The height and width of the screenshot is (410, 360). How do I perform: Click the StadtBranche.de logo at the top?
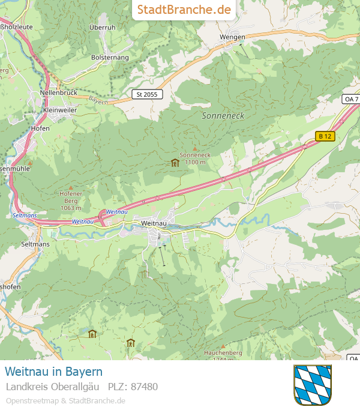point(184,10)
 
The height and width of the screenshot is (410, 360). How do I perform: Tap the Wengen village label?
point(232,37)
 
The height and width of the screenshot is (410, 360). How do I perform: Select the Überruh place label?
point(102,28)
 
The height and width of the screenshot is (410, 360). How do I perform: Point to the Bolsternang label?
point(110,57)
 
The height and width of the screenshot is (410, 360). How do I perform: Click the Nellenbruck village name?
point(58,93)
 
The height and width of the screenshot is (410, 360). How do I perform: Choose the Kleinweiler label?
point(60,110)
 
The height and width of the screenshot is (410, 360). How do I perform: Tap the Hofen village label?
point(40,128)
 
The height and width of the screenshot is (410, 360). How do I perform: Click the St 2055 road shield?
point(147,94)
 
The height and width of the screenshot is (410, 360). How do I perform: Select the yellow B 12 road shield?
point(325,136)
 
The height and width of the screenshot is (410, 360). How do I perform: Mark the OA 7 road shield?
point(352,98)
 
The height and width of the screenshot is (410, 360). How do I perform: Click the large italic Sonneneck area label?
point(223,115)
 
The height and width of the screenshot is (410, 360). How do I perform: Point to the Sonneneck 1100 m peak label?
point(195,158)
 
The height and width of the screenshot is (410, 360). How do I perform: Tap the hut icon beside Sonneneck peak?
point(175,162)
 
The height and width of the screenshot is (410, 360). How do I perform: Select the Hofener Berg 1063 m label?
point(71,200)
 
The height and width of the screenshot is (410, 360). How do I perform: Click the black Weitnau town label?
point(153,223)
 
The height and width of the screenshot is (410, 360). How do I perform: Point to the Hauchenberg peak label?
point(223,354)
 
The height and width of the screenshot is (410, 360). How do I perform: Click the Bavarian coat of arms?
point(312,384)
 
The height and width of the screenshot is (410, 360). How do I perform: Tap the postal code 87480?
point(144,387)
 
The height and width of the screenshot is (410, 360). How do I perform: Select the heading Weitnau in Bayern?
point(54,372)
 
